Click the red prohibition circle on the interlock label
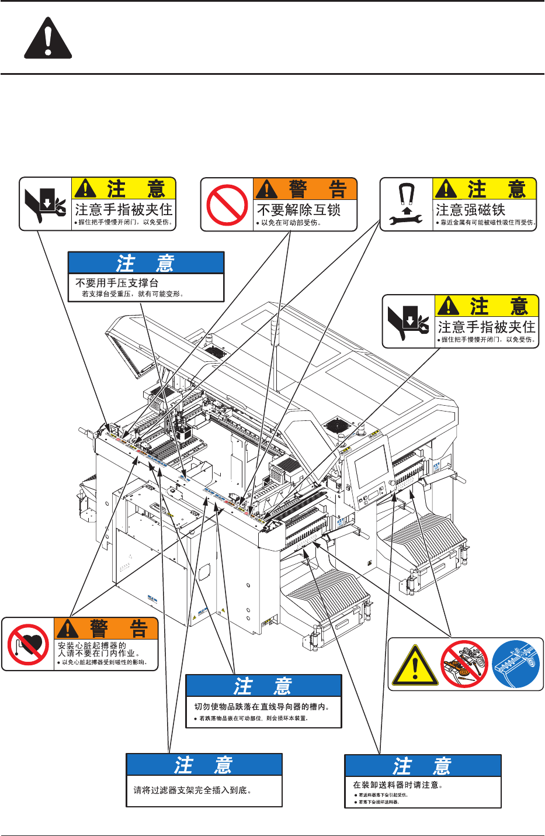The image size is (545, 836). pyautogui.click(x=227, y=205)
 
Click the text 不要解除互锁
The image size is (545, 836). pyautogui.click(x=298, y=210)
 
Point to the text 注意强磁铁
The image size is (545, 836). pyautogui.click(x=470, y=210)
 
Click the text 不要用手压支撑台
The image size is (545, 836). pyautogui.click(x=117, y=283)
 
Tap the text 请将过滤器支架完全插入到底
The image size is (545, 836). pyautogui.click(x=192, y=790)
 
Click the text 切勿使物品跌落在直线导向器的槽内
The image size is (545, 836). pyautogui.click(x=262, y=706)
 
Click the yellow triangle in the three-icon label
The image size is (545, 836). pyautogui.click(x=415, y=665)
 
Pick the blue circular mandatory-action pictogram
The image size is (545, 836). pyautogui.click(x=516, y=665)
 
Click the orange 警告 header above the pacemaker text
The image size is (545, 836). pyautogui.click(x=106, y=628)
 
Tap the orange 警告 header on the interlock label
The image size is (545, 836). pyautogui.click(x=305, y=189)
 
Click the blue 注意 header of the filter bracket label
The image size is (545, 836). pyautogui.click(x=204, y=765)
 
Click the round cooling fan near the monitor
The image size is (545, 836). pyautogui.click(x=336, y=425)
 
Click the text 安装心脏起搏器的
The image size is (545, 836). pyautogui.click(x=92, y=645)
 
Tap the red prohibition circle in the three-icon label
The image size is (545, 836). pyautogui.click(x=464, y=665)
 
